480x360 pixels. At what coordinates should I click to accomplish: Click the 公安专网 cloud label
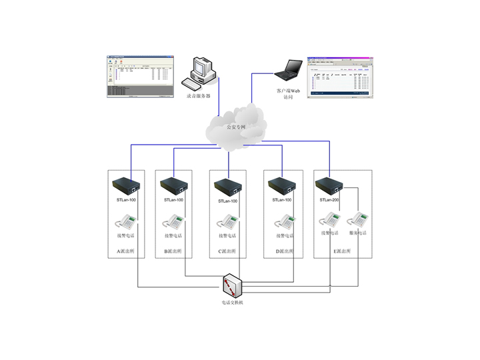236,126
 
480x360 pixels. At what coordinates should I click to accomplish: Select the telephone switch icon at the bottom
233,285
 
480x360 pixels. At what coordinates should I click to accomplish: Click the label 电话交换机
233,303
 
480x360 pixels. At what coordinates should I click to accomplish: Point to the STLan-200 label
329,200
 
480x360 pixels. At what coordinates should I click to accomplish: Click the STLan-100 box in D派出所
281,185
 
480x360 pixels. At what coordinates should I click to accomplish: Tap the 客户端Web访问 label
288,92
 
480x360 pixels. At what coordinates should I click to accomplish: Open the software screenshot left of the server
139,76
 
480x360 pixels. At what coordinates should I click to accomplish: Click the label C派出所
228,251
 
